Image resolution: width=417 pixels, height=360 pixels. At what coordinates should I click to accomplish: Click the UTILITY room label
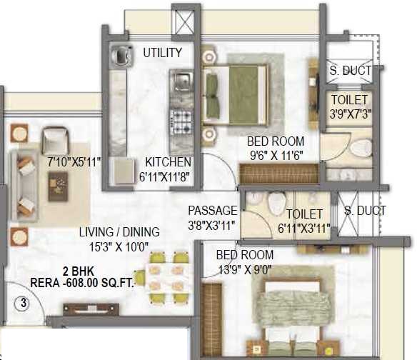tap(163, 52)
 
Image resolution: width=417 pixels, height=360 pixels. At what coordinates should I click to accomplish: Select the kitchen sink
tap(182, 80)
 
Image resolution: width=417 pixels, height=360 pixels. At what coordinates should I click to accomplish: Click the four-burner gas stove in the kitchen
tap(181, 122)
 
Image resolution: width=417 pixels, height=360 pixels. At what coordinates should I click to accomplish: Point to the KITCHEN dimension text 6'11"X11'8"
tap(165, 176)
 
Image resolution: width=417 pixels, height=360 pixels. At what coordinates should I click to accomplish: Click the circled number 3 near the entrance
tap(24, 303)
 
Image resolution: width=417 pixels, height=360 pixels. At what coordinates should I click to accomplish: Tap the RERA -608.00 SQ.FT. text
tap(82, 283)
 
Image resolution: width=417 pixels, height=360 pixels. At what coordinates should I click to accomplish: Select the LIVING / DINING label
tap(119, 232)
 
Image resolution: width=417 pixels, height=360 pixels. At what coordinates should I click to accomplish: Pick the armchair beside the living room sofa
tap(56, 141)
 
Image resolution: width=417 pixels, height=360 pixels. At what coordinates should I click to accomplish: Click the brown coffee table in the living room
tap(58, 186)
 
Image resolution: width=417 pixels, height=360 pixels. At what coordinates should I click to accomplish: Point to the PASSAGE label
tap(213, 210)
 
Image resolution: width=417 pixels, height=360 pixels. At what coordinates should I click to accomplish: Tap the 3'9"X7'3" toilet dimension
tap(351, 114)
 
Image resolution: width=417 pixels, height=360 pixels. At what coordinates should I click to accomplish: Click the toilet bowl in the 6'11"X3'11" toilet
tap(276, 204)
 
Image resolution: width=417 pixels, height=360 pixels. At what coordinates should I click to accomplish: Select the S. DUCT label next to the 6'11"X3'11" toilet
tap(365, 211)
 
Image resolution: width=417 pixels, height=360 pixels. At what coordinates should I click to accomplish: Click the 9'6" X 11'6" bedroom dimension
tap(276, 156)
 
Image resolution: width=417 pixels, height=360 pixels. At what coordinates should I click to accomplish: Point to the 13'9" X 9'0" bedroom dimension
tap(245, 270)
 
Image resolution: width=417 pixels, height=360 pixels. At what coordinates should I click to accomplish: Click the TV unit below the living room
tap(91, 310)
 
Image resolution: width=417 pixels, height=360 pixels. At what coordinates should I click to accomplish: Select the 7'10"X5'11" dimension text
tap(74, 162)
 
